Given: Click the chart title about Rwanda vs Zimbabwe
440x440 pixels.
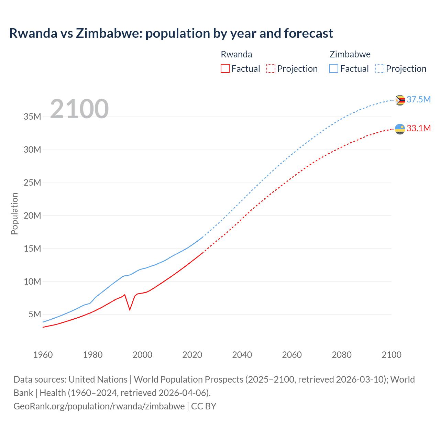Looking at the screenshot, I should (x=171, y=33).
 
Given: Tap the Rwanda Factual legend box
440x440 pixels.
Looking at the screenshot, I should (x=225, y=68).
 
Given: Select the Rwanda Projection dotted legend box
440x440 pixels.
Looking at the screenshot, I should (x=271, y=68).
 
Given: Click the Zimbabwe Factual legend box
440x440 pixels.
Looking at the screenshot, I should (x=333, y=68).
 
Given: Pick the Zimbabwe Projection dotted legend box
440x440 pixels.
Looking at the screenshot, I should (x=379, y=68).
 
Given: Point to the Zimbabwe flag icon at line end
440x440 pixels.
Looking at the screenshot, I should (x=400, y=100).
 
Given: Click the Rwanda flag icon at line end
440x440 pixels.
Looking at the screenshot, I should (x=400, y=129).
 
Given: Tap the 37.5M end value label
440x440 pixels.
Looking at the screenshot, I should (x=418, y=99).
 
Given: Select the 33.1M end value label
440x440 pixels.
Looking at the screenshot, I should (x=418, y=128).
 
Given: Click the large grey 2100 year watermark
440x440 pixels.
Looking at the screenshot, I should (x=79, y=109).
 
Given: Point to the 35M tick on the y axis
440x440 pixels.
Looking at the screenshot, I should (x=32, y=117).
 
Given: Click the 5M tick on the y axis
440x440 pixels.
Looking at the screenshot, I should (x=35, y=314).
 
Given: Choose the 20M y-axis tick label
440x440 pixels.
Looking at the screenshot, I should (x=32, y=216).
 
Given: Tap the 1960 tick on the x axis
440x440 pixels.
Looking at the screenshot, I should (x=43, y=355).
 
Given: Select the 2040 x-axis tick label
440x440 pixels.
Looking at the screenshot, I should (x=242, y=355).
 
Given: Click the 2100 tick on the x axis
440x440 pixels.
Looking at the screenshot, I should (x=391, y=355).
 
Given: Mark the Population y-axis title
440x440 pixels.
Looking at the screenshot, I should (x=14, y=213).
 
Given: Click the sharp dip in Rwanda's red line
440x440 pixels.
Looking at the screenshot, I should (x=130, y=309).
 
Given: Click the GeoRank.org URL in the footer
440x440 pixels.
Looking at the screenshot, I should (x=99, y=406).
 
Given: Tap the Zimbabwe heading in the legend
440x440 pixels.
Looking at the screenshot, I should (x=350, y=54).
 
